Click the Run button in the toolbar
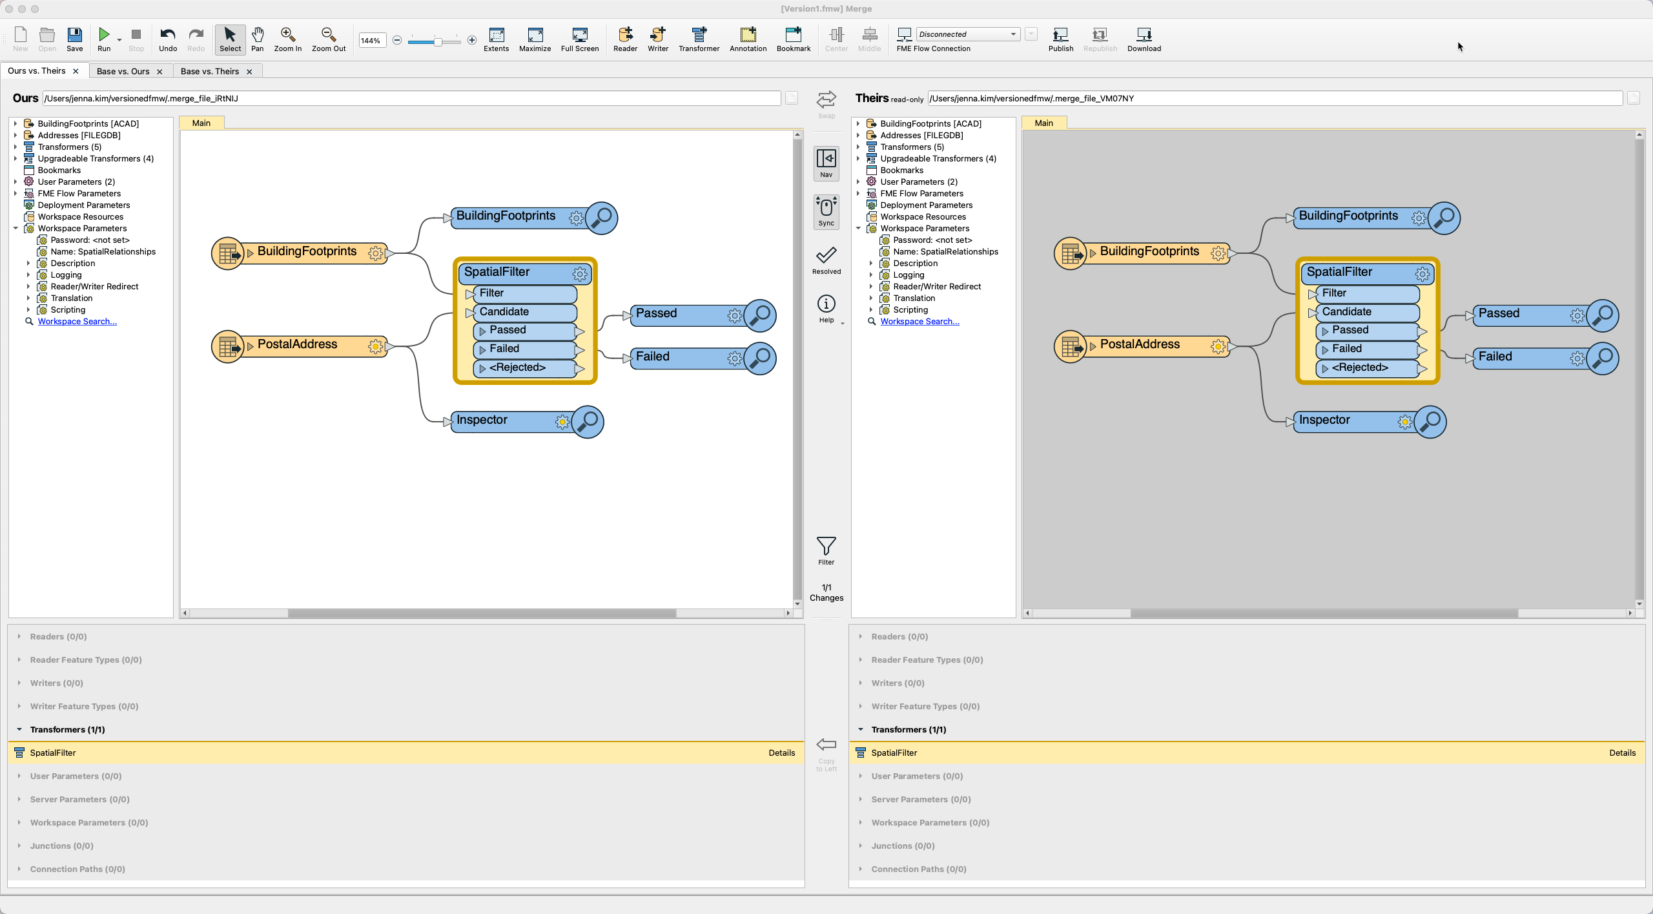tap(103, 39)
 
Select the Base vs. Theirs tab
tap(209, 71)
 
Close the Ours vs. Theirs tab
tap(76, 71)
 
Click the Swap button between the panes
tap(826, 103)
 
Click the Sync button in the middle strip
tap(826, 211)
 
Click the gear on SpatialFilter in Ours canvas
tap(580, 274)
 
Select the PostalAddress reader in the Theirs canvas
tap(1140, 345)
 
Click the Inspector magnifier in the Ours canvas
tap(588, 421)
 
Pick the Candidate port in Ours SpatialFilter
tap(504, 312)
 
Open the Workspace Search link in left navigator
tap(77, 322)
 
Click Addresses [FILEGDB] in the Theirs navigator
tap(921, 135)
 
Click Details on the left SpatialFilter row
tap(781, 753)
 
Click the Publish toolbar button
tap(1060, 39)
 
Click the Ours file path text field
tap(411, 98)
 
